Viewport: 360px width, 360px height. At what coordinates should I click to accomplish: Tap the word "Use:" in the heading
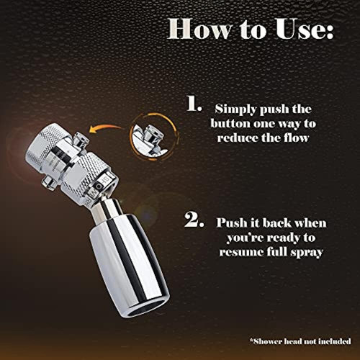(305, 29)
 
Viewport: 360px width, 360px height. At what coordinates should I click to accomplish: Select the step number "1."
(194, 104)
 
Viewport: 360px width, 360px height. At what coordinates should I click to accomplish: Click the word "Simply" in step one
(235, 109)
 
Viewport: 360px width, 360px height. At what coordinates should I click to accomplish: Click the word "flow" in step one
(296, 138)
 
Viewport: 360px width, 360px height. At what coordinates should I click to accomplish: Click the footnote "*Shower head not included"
(300, 341)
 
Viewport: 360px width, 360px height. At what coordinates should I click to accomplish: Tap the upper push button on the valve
(81, 139)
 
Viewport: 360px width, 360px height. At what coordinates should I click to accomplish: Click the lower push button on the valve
(49, 183)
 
